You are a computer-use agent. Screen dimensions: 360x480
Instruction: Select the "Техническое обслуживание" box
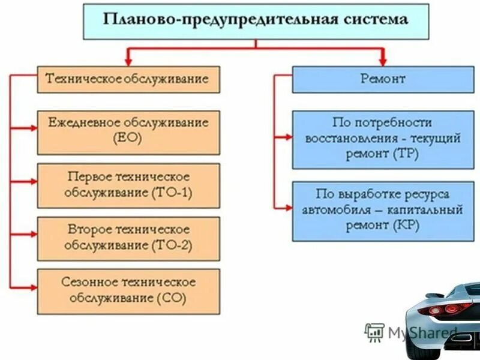(128, 79)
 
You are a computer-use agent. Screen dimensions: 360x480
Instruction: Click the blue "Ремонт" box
(383, 79)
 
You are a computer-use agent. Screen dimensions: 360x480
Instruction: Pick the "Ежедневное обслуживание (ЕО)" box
(128, 132)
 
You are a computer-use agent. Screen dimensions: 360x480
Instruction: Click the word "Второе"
(88, 230)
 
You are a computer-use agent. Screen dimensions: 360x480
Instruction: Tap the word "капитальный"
(428, 211)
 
